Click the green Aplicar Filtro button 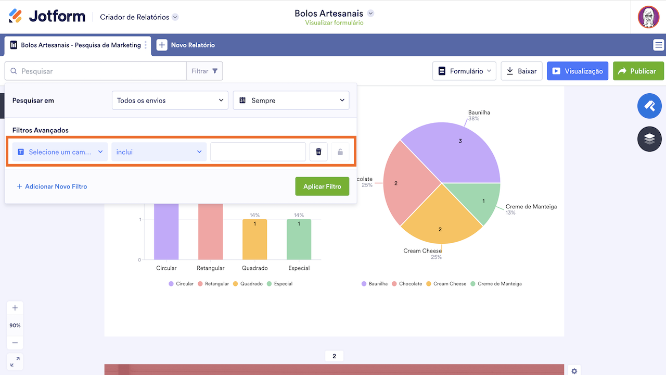(322, 186)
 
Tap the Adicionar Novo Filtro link (52, 186)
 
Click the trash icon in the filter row (318, 152)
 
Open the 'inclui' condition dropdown (159, 152)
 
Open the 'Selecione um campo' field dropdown (60, 152)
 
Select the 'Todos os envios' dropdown (170, 101)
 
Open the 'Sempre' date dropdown (291, 101)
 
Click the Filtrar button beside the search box (204, 71)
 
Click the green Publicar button (638, 71)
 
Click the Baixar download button (521, 71)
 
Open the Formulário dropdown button (464, 71)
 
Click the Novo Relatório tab (186, 45)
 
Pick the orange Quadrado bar (255, 240)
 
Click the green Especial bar (299, 240)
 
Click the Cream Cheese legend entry (446, 284)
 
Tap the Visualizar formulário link (334, 23)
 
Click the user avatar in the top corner (648, 17)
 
